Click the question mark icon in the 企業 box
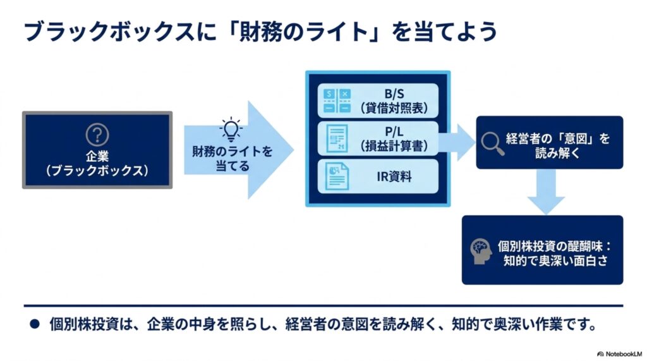coord(97,135)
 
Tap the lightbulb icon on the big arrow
coord(231,130)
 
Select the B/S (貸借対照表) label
coord(394,101)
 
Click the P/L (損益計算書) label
coord(394,138)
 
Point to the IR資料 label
coord(394,176)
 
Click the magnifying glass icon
coord(492,144)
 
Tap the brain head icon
coord(481,251)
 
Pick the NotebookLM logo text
coord(620,354)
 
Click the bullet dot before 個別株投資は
coord(35,324)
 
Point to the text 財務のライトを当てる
coord(233,159)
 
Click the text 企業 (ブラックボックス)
coord(97,163)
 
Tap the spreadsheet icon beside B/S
coord(337,101)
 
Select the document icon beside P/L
coord(337,139)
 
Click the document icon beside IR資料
coord(337,176)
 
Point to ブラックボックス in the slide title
coord(109,32)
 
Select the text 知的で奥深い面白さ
coord(555,260)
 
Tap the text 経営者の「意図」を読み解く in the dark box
coord(558,145)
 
